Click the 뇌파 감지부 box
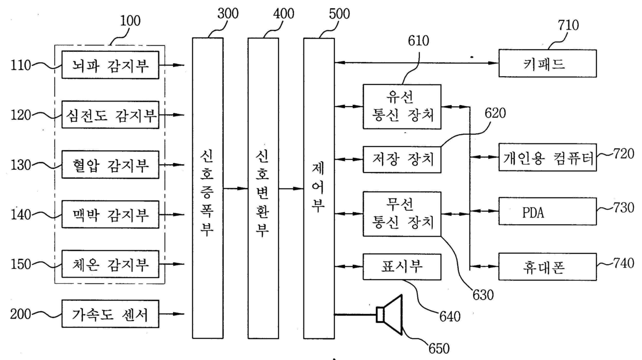pyautogui.click(x=110, y=65)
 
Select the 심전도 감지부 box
pyautogui.click(x=110, y=115)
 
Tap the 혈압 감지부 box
pyautogui.click(x=110, y=165)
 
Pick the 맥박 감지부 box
pyautogui.click(x=110, y=214)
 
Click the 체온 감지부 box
pyautogui.click(x=110, y=264)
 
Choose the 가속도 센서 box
pyautogui.click(x=110, y=314)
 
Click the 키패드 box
pyautogui.click(x=548, y=63)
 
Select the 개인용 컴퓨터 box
pyautogui.click(x=548, y=157)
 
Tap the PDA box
pyautogui.click(x=548, y=211)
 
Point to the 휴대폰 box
pyautogui.click(x=548, y=267)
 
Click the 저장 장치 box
pyautogui.click(x=402, y=160)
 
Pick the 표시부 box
pyautogui.click(x=402, y=267)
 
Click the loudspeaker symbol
pyautogui.click(x=389, y=315)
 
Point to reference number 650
pyautogui.click(x=439, y=349)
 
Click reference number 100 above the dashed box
pyautogui.click(x=130, y=21)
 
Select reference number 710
pyautogui.click(x=568, y=25)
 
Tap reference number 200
pyautogui.click(x=21, y=314)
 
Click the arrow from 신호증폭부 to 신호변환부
pyautogui.click(x=236, y=189)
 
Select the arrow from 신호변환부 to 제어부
pyautogui.click(x=291, y=189)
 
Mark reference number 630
pyautogui.click(x=483, y=295)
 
